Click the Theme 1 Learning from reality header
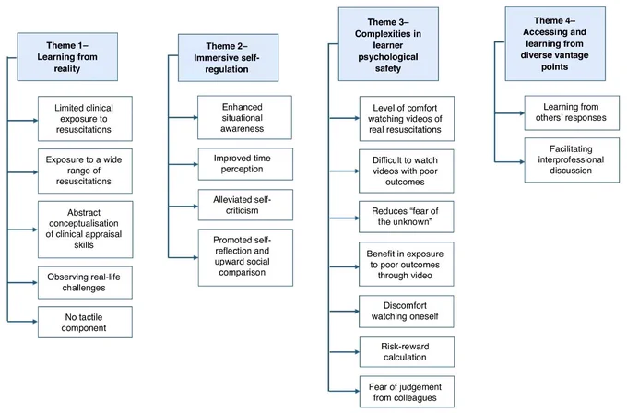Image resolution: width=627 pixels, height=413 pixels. coord(67,57)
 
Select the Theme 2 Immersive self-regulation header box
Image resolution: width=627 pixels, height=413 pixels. coord(228,58)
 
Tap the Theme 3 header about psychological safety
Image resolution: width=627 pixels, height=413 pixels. coord(388,44)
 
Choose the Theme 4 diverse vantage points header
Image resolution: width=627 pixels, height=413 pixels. coord(555,43)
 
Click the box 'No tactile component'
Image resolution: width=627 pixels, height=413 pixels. coord(85,323)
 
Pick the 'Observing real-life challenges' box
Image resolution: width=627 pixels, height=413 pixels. coord(85,283)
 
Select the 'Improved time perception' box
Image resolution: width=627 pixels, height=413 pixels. coord(245,164)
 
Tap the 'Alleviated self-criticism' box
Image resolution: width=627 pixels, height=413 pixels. coord(245,205)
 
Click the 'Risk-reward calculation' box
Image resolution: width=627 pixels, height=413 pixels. coord(407,352)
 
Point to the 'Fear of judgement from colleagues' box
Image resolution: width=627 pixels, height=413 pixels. coord(407,392)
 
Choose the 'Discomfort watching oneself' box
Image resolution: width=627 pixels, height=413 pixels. coord(407,312)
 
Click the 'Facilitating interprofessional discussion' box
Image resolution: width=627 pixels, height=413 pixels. coord(572,159)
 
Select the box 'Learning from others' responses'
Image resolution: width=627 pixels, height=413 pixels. coord(572,112)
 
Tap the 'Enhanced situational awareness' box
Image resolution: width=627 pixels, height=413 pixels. coord(244,118)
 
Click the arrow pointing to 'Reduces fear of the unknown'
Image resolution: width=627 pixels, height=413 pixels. coord(344,218)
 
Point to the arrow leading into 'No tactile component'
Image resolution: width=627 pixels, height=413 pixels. coord(23,322)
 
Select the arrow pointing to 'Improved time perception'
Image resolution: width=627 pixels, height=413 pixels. coord(183,164)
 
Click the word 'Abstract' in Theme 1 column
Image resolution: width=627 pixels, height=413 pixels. coord(84,212)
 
